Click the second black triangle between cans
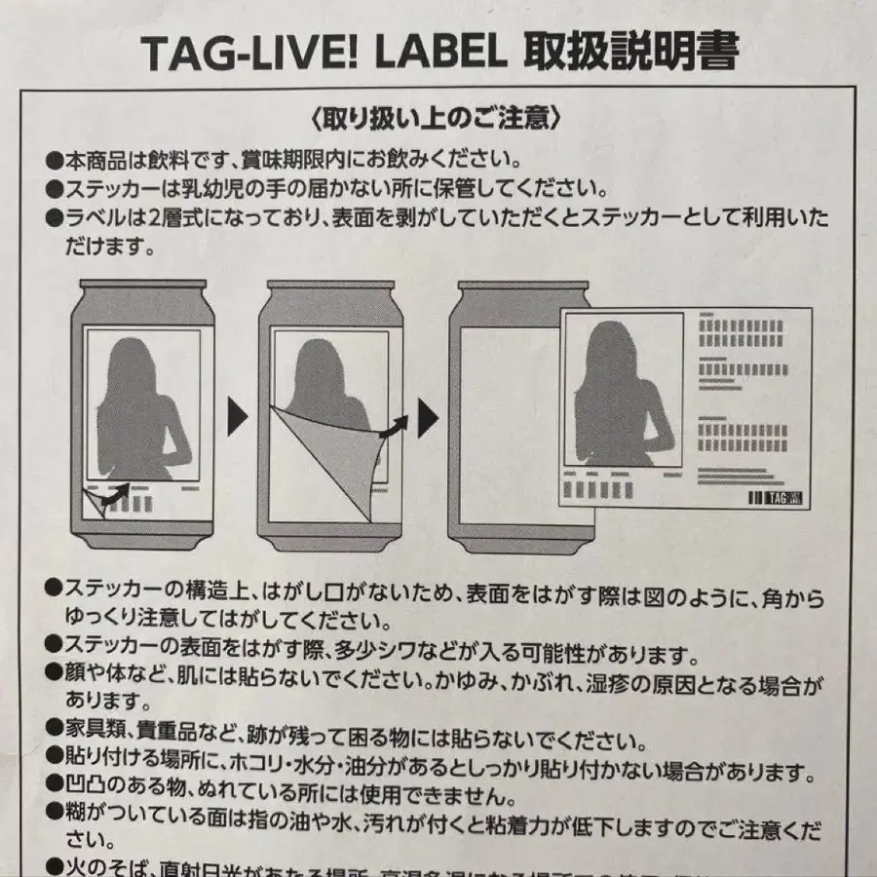coord(427,417)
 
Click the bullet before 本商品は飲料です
coord(54,158)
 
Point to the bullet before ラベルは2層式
coord(54,212)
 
